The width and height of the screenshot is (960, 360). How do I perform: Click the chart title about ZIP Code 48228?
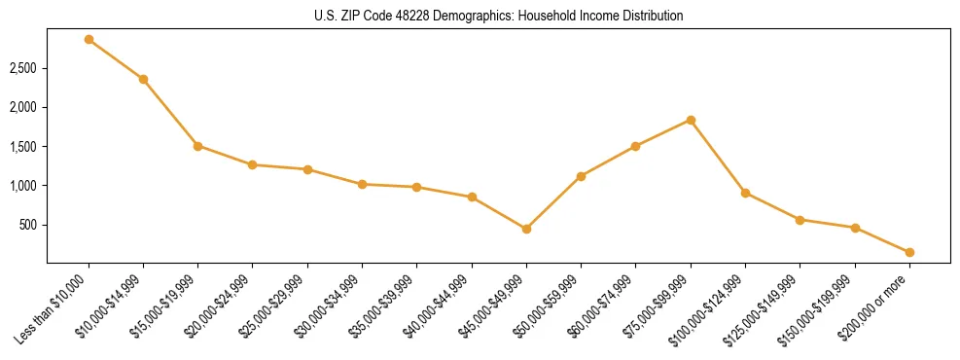(x=499, y=17)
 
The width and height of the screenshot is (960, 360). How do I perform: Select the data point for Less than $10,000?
(x=89, y=40)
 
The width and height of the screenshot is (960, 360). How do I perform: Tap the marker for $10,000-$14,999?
(x=143, y=79)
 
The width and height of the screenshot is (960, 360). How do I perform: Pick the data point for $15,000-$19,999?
(x=197, y=146)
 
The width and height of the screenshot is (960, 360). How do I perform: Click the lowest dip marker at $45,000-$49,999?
(x=526, y=229)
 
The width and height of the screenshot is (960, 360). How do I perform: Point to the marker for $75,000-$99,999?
(x=691, y=120)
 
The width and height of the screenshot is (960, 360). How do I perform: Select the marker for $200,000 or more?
(x=909, y=252)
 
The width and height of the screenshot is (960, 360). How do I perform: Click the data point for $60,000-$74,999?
(x=635, y=146)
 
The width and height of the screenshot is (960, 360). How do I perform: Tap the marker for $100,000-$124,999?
(x=745, y=193)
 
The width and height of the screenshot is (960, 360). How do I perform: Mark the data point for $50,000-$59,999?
(x=581, y=176)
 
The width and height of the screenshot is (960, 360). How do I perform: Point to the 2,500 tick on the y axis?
(x=24, y=68)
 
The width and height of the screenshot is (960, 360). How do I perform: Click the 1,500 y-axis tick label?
(x=24, y=147)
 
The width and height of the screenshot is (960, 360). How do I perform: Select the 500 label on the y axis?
(x=30, y=225)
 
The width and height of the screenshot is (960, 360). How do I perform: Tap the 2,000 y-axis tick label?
(x=24, y=107)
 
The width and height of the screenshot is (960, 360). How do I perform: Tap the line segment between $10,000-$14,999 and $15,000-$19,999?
(x=170, y=113)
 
